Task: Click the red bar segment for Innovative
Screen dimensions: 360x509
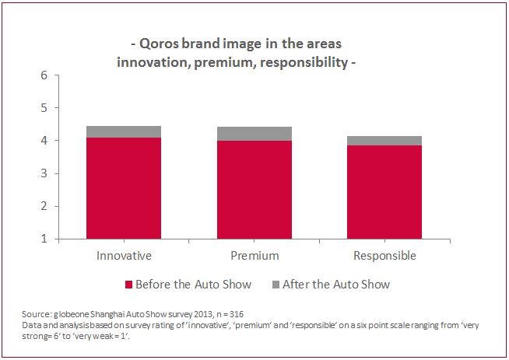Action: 124,188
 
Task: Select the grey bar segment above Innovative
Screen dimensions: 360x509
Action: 124,131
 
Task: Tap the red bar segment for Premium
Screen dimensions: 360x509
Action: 254,190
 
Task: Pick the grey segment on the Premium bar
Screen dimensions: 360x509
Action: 254,134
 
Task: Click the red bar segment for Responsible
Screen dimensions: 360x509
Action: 384,192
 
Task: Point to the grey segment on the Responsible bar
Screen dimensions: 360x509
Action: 384,141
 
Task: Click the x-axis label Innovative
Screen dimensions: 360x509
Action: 124,256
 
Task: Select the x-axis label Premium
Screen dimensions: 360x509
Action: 254,256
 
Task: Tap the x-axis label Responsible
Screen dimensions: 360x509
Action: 384,256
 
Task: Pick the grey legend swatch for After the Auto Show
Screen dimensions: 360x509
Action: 276,285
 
